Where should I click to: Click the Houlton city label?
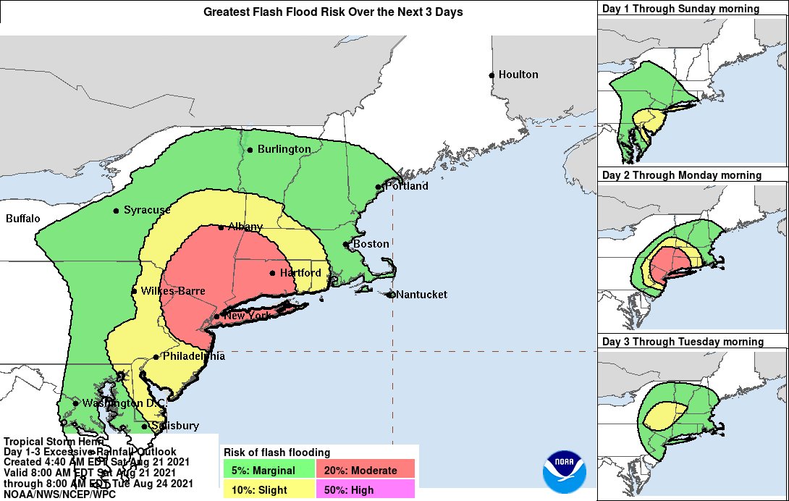click(x=518, y=75)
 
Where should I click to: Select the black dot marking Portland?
click(x=378, y=187)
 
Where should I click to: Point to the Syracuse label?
click(x=147, y=211)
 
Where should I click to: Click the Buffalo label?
click(x=23, y=219)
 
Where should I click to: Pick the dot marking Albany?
click(x=221, y=227)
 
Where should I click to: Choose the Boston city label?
click(x=371, y=244)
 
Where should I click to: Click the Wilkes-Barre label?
click(x=173, y=291)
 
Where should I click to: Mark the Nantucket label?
click(x=422, y=295)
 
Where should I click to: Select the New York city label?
click(x=248, y=316)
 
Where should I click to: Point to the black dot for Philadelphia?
click(x=156, y=357)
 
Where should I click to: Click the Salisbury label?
click(x=174, y=426)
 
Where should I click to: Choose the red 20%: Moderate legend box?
click(x=366, y=471)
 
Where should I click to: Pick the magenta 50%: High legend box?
click(x=366, y=490)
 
